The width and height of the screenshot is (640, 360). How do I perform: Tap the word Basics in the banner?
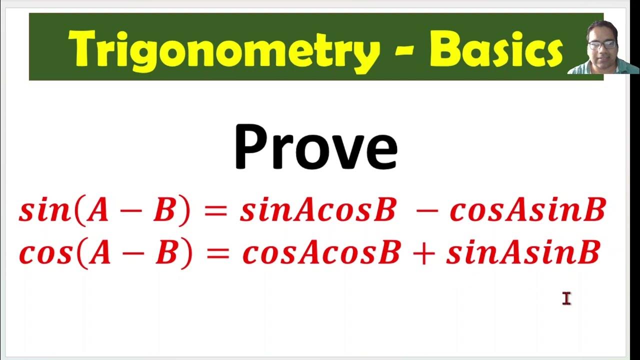[496, 48]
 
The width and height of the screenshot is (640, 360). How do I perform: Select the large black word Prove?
[315, 147]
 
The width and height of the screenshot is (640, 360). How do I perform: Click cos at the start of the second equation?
[45, 253]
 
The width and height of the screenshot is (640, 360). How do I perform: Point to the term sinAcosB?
[318, 210]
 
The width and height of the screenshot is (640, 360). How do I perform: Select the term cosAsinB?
[527, 210]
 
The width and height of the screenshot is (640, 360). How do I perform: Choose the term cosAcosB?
[321, 253]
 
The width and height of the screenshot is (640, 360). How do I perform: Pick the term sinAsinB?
[523, 253]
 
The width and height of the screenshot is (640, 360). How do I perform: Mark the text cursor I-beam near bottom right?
[566, 298]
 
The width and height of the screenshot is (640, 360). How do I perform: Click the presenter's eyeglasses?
[602, 44]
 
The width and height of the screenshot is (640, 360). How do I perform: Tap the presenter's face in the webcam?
[602, 47]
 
